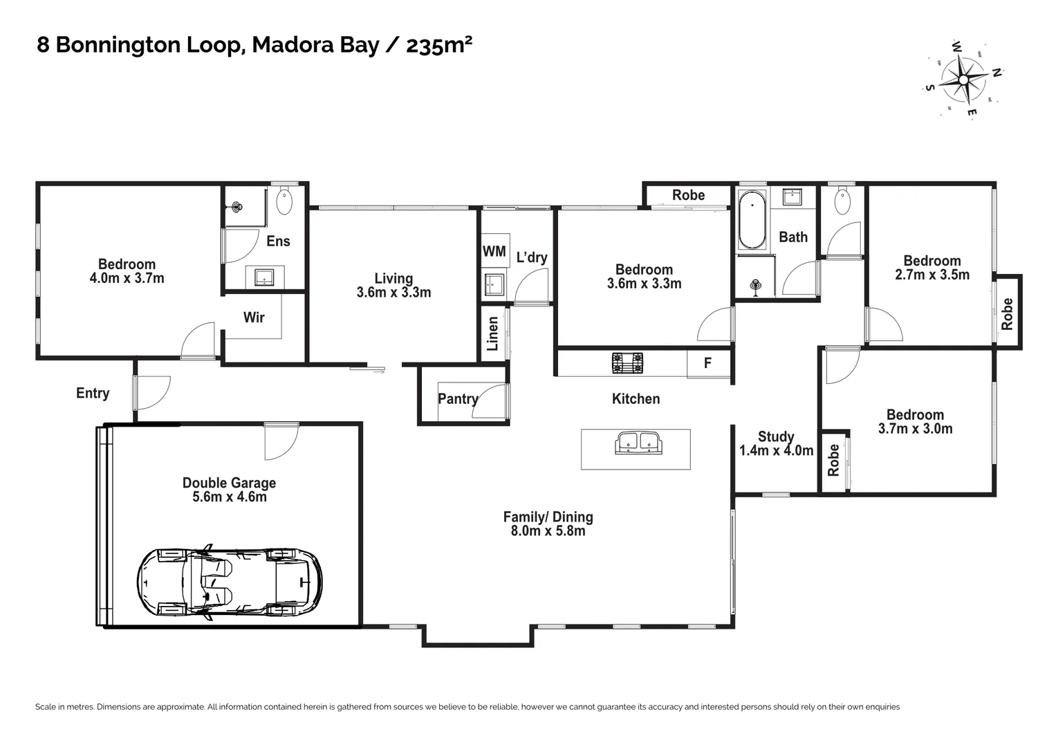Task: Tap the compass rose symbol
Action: coord(963,80)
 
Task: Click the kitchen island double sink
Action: coord(638,443)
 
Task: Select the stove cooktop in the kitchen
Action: coord(627,362)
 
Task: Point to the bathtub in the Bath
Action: coord(752,219)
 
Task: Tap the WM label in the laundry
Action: coord(494,251)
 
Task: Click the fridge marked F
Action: coord(708,363)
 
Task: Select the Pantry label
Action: coord(458,399)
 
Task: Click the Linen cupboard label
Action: coord(492,333)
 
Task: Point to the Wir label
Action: coord(254,317)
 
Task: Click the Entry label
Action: coord(93,394)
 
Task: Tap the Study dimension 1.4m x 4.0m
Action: coord(776,451)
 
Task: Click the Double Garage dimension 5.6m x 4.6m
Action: coord(230,497)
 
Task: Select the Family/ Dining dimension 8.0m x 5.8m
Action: coord(548,531)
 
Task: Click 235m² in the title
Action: coord(439,45)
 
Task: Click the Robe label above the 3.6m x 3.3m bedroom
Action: coord(688,195)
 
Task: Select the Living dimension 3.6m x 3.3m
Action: coord(393,293)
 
